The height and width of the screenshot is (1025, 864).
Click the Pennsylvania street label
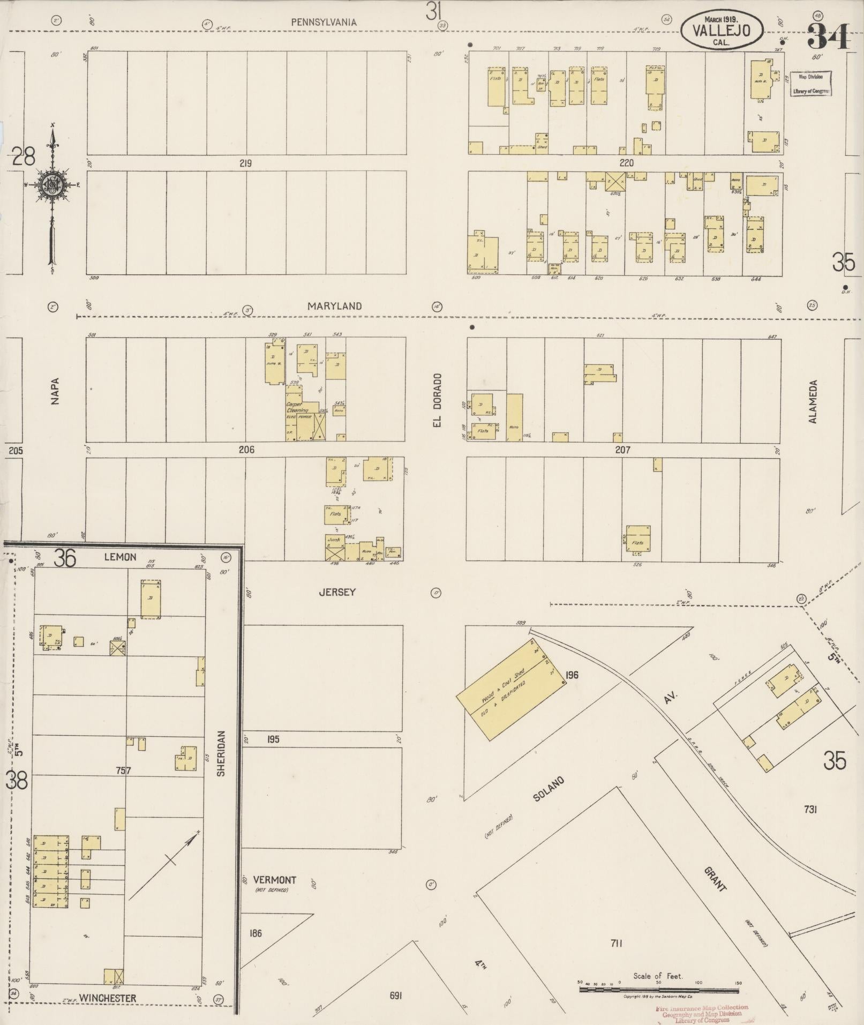[x=324, y=22]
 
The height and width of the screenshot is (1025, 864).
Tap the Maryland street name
[x=334, y=306]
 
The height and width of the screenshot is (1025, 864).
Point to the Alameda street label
[x=814, y=402]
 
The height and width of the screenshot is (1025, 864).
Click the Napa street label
[x=55, y=391]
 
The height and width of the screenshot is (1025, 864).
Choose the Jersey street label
[x=337, y=592]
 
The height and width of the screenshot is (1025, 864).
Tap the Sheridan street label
[x=221, y=753]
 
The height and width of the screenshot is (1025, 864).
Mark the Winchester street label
[x=107, y=998]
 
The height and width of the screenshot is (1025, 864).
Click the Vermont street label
[x=274, y=880]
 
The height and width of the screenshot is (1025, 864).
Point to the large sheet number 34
[x=828, y=36]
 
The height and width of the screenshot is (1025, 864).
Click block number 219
[x=245, y=163]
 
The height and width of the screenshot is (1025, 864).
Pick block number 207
[x=622, y=450]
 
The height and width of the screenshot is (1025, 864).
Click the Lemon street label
[x=120, y=557]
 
